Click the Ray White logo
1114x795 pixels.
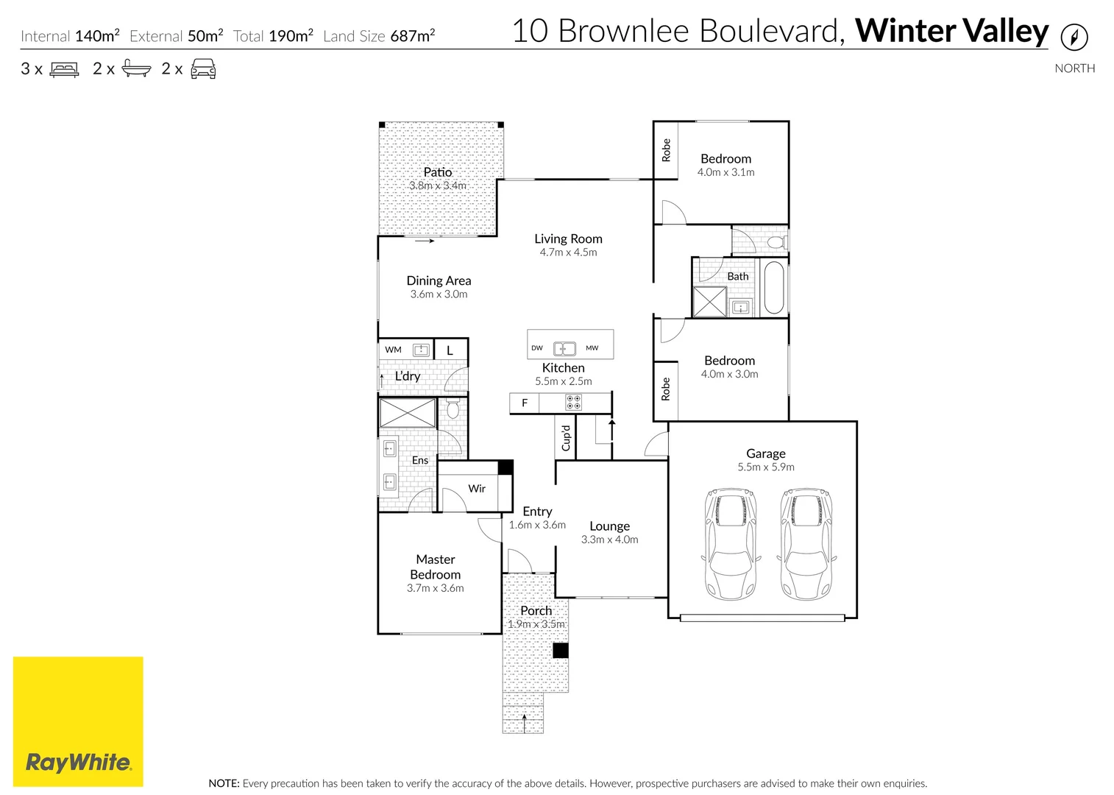click(78, 721)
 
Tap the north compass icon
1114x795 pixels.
click(1074, 37)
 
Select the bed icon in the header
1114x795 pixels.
click(64, 70)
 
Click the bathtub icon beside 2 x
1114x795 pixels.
click(136, 69)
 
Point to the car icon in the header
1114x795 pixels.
click(203, 69)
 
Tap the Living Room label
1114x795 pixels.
click(568, 239)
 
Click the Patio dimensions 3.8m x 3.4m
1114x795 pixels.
click(438, 185)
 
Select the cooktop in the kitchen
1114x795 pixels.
click(573, 403)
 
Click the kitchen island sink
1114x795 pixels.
click(564, 348)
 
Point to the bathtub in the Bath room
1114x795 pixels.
click(774, 287)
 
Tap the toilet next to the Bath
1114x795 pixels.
click(776, 241)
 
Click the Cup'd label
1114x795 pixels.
click(566, 438)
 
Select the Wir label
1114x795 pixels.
click(477, 489)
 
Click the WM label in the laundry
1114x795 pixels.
click(394, 350)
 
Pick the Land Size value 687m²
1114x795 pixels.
click(413, 36)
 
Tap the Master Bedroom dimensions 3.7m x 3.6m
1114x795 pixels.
click(436, 588)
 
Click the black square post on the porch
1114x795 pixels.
click(561, 651)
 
